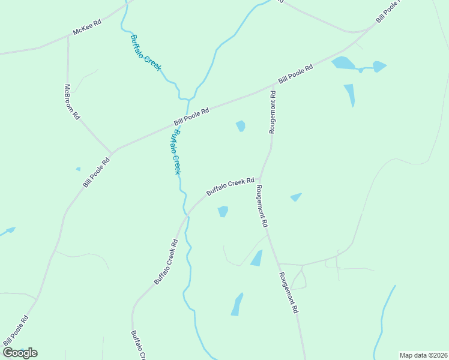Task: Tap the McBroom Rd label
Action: point(71,102)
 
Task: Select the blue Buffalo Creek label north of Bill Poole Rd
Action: point(146,53)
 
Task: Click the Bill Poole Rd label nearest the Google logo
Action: point(15,330)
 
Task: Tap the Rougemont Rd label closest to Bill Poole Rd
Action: point(273,109)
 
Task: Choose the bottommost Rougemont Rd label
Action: point(289,293)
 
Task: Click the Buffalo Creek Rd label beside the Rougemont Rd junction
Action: point(231,186)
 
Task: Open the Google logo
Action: point(20,352)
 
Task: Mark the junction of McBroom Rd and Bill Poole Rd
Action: point(112,152)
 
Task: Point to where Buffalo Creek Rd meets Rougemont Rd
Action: point(261,178)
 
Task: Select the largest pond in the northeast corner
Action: point(343,62)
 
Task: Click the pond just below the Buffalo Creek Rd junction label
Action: point(223,211)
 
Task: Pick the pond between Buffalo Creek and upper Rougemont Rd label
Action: point(241,125)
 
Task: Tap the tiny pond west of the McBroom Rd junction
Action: point(78,169)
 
